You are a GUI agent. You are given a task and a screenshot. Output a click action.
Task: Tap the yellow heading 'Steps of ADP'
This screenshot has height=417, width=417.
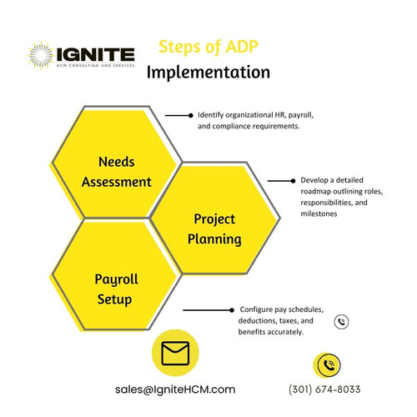(206, 46)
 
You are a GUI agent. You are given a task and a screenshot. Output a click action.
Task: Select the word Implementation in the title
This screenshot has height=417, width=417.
(208, 72)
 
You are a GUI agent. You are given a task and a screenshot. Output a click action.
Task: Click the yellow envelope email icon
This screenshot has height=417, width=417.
(175, 355)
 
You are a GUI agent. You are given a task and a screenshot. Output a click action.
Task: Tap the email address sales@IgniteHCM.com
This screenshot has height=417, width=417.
(175, 389)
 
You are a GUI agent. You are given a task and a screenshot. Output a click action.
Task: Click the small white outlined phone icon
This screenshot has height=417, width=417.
(341, 321)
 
